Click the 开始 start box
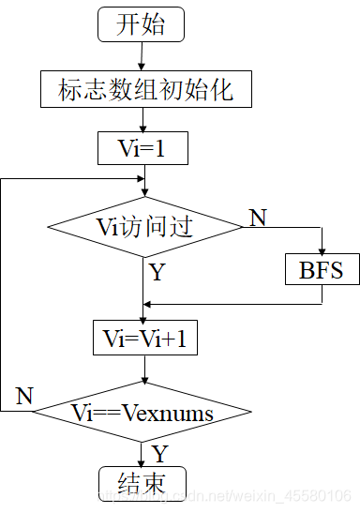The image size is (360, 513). pyautogui.click(x=141, y=24)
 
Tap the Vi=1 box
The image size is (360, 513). pyautogui.click(x=142, y=147)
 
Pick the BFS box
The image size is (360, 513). pyautogui.click(x=322, y=271)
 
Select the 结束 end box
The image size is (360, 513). pyautogui.click(x=142, y=482)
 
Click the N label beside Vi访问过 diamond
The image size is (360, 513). pyautogui.click(x=256, y=219)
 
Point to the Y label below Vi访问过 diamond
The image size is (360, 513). pyautogui.click(x=157, y=273)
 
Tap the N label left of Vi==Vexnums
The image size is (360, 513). pyautogui.click(x=24, y=396)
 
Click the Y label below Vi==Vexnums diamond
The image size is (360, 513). pyautogui.click(x=159, y=455)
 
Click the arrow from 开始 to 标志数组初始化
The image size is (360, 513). pyautogui.click(x=141, y=56)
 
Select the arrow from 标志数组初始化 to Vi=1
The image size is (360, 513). pyautogui.click(x=142, y=119)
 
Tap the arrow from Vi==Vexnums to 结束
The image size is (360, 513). pyautogui.click(x=142, y=454)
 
